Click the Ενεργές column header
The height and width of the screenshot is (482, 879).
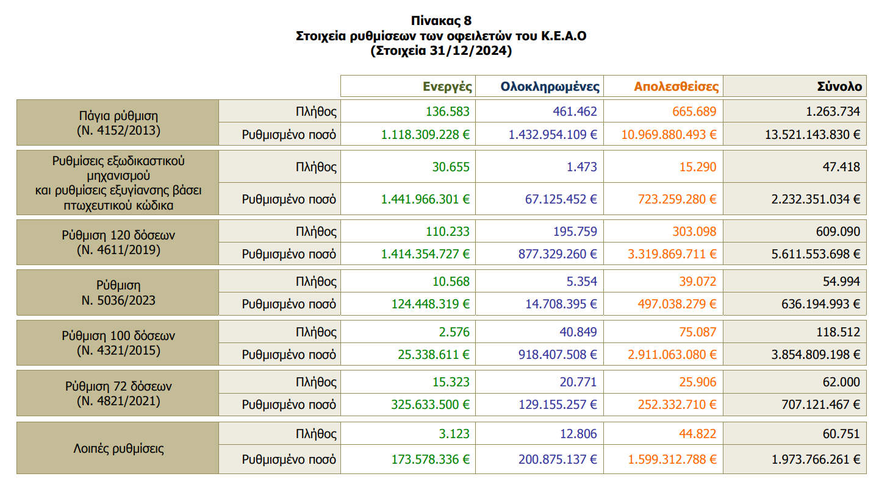[448, 87]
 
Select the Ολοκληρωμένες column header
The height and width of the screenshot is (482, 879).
[550, 87]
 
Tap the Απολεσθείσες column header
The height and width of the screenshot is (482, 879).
[676, 87]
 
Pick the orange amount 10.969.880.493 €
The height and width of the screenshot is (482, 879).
[669, 134]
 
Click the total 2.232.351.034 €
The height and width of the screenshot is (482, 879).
[813, 199]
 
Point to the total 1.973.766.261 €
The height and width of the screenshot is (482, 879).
[813, 459]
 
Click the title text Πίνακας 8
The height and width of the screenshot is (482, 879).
[440, 22]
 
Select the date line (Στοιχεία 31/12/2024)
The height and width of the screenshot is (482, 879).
[440, 51]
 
